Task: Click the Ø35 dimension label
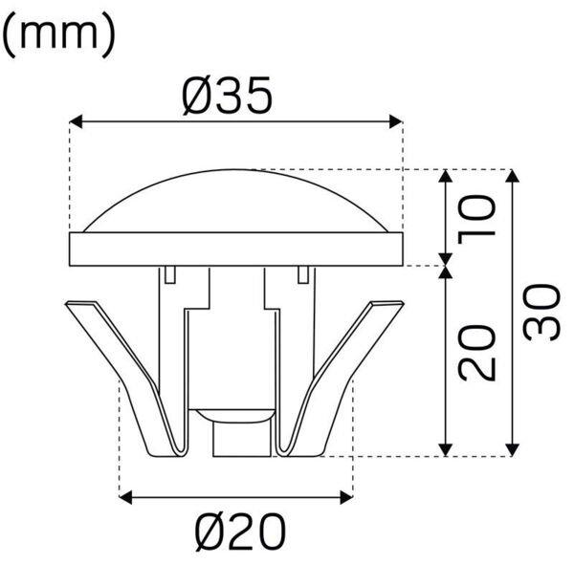[x=227, y=96]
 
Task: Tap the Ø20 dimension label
[x=240, y=532]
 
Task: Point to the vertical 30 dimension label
[x=541, y=313]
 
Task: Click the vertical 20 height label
[x=476, y=353]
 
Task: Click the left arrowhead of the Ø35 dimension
[x=76, y=121]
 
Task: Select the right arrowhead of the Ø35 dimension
[x=396, y=121]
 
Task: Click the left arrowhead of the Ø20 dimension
[x=126, y=497]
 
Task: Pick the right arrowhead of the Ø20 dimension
[x=346, y=497]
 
